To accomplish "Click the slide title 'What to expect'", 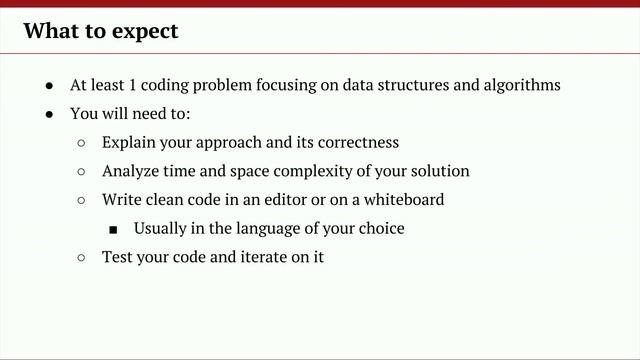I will click(101, 31).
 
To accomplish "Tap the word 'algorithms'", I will click(517, 85).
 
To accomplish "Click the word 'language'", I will click(261, 229).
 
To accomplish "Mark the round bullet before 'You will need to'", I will click(50, 114).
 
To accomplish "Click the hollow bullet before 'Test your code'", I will click(82, 258).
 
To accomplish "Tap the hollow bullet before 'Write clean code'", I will click(82, 200).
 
